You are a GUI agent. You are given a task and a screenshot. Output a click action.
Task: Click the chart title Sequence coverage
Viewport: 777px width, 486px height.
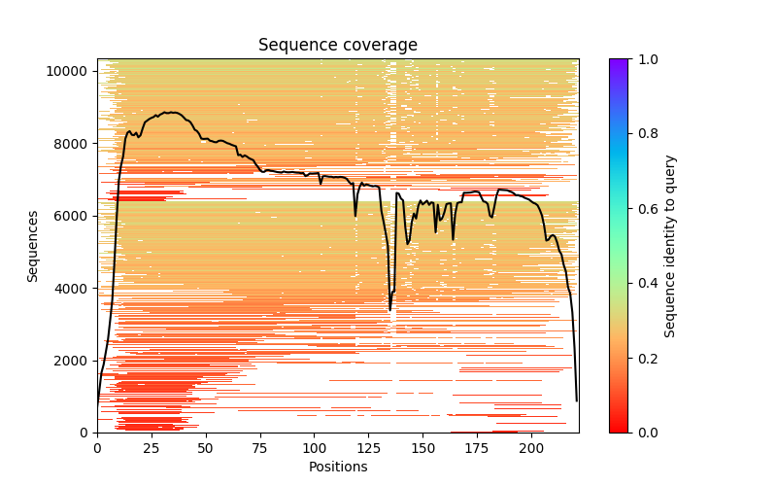[337, 46]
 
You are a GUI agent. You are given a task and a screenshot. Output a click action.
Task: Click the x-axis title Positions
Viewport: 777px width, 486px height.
[337, 467]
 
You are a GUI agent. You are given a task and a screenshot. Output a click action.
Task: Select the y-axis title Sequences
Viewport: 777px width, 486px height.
[33, 245]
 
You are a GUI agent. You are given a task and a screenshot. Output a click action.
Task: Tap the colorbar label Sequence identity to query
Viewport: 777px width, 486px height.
[670, 245]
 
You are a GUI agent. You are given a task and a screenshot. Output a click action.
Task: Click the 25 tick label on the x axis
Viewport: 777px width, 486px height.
[152, 448]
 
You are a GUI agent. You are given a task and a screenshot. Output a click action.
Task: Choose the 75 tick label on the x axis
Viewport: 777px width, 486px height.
[260, 448]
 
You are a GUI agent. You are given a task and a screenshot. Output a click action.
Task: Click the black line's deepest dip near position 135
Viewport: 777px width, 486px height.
[390, 310]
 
